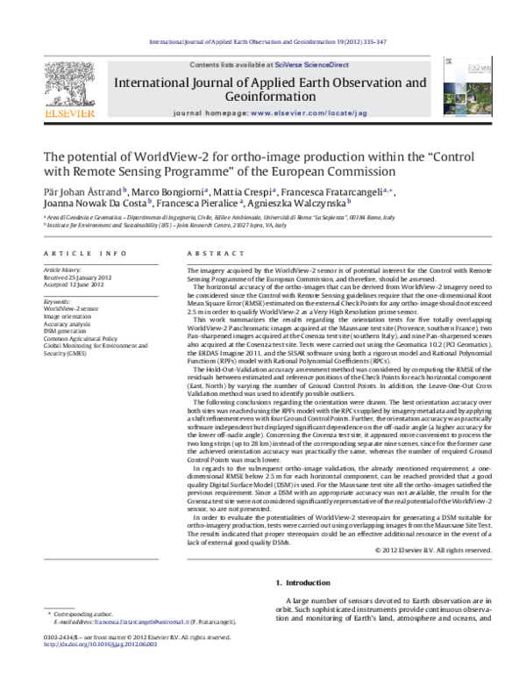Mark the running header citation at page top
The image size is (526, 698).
(x=263, y=40)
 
